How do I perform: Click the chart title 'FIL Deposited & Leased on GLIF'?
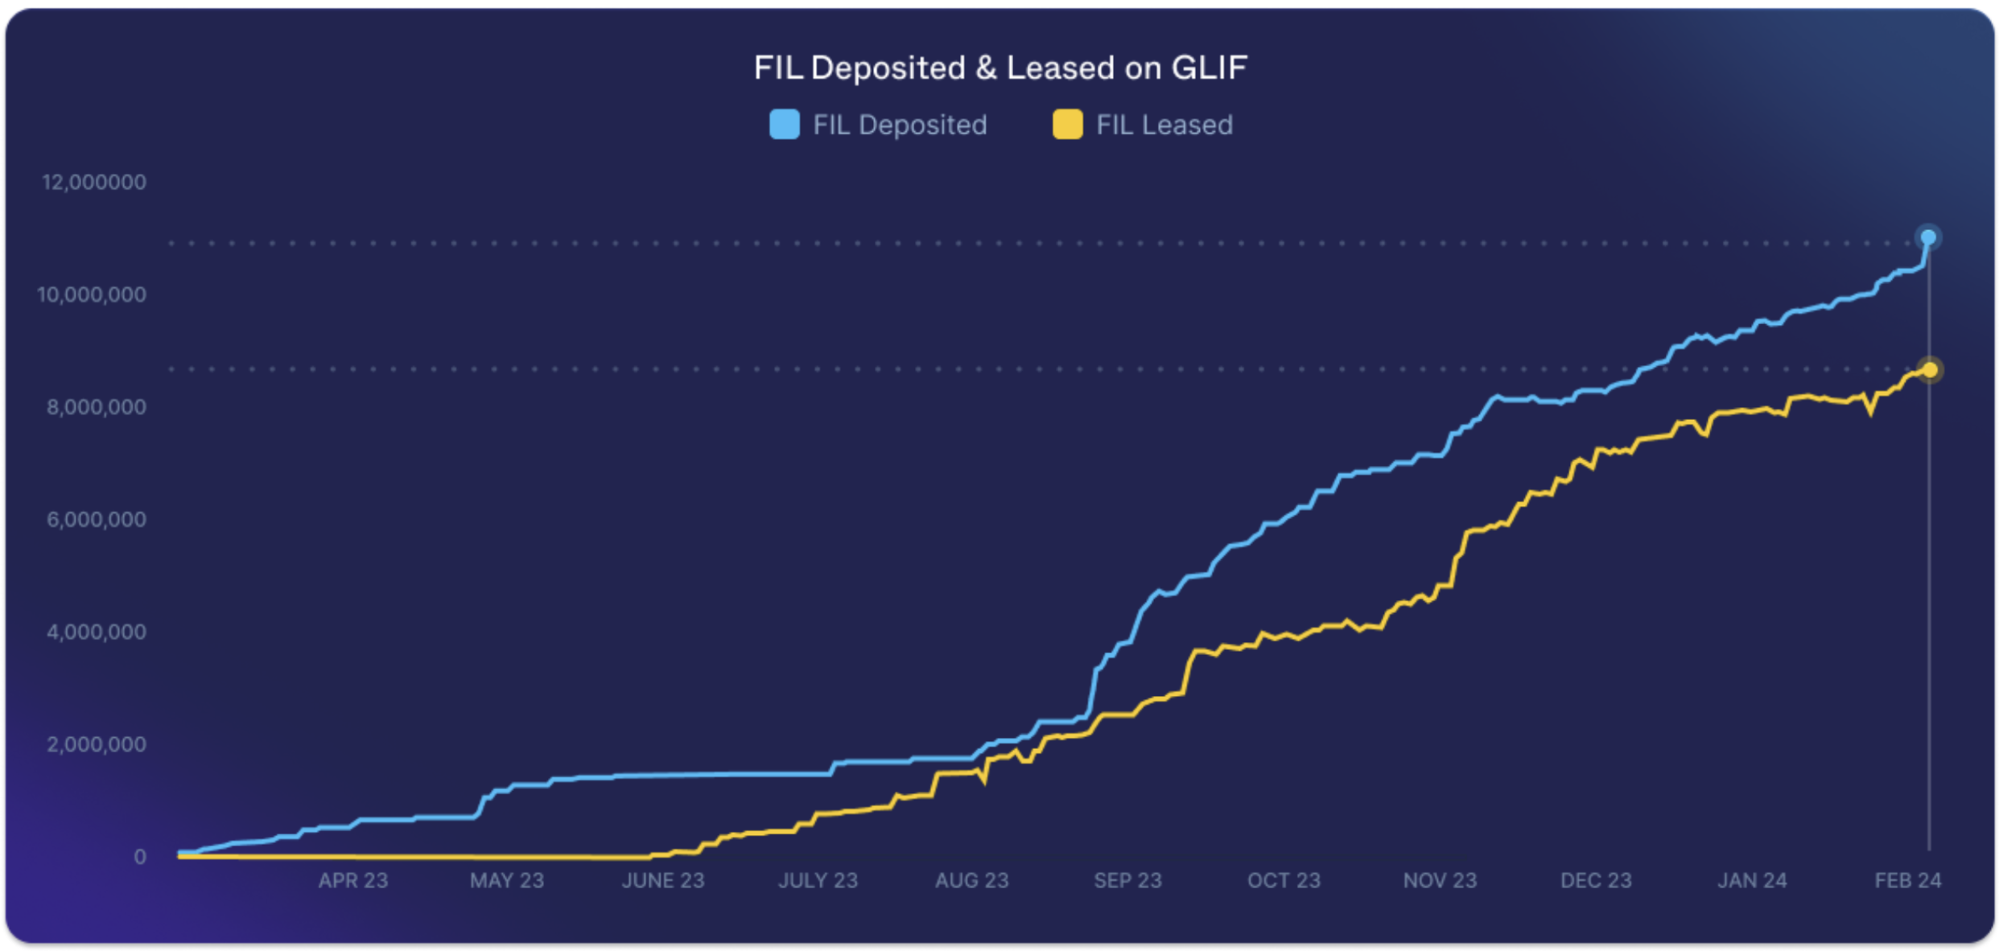coord(999,68)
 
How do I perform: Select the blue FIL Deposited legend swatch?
coord(784,125)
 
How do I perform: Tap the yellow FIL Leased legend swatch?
coord(1067,125)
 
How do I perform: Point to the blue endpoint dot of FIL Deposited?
coord(1928,237)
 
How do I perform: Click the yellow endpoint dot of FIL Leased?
coord(1929,369)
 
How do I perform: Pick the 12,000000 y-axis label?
coord(94,182)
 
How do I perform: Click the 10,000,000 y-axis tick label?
coord(92,294)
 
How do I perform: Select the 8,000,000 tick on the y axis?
coord(97,407)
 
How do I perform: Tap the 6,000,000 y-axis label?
coord(97,520)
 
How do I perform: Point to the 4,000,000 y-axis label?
coord(97,632)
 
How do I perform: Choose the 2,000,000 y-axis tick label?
coord(97,744)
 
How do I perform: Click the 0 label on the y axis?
coord(140,857)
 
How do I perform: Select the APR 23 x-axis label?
coord(352,881)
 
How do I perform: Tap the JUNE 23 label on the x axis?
coord(662,881)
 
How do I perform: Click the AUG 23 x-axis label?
coord(971,881)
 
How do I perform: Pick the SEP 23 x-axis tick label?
coord(1127,881)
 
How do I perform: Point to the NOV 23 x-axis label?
coord(1440,881)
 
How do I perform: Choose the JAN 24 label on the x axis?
coord(1752,881)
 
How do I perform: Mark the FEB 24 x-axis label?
coord(1907,881)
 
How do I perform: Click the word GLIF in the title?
coord(1209,68)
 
